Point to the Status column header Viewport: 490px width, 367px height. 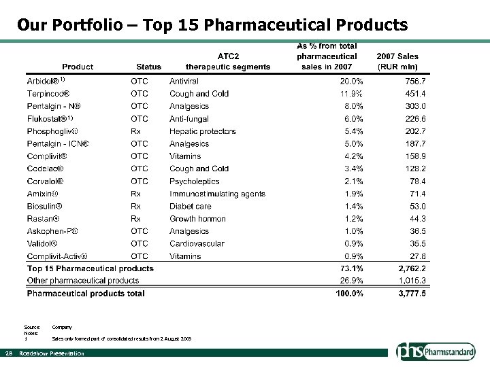[x=149, y=67]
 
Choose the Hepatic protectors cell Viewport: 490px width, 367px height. [x=202, y=131]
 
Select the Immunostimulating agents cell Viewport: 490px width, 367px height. [x=217, y=194]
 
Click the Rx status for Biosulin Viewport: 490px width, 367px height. [x=136, y=206]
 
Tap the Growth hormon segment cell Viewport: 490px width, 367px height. [x=198, y=219]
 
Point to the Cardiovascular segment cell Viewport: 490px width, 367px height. [x=195, y=243]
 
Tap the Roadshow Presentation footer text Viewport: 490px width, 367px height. [x=52, y=353]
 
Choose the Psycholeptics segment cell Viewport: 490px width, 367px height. [x=195, y=181]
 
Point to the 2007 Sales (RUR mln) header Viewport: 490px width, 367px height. [x=397, y=61]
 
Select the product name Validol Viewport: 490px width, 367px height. [x=42, y=243]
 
